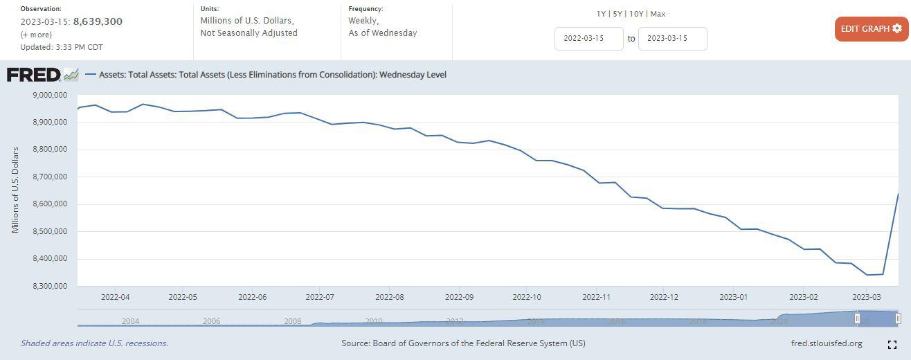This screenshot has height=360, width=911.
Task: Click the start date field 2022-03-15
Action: pyautogui.click(x=588, y=39)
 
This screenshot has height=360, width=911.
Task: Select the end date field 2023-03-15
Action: pyautogui.click(x=672, y=39)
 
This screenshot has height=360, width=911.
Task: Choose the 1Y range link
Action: pyautogui.click(x=602, y=14)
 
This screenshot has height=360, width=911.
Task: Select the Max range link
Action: pyautogui.click(x=658, y=14)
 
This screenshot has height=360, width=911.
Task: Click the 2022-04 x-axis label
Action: pyautogui.click(x=115, y=297)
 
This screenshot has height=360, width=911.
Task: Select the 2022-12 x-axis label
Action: pyautogui.click(x=663, y=297)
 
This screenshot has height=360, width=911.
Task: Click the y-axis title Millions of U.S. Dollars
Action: pyautogui.click(x=15, y=190)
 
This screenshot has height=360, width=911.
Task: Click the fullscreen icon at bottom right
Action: pyautogui.click(x=892, y=344)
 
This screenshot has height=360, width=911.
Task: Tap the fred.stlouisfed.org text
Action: pyautogui.click(x=826, y=343)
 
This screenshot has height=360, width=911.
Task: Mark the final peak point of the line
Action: pyautogui.click(x=898, y=193)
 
